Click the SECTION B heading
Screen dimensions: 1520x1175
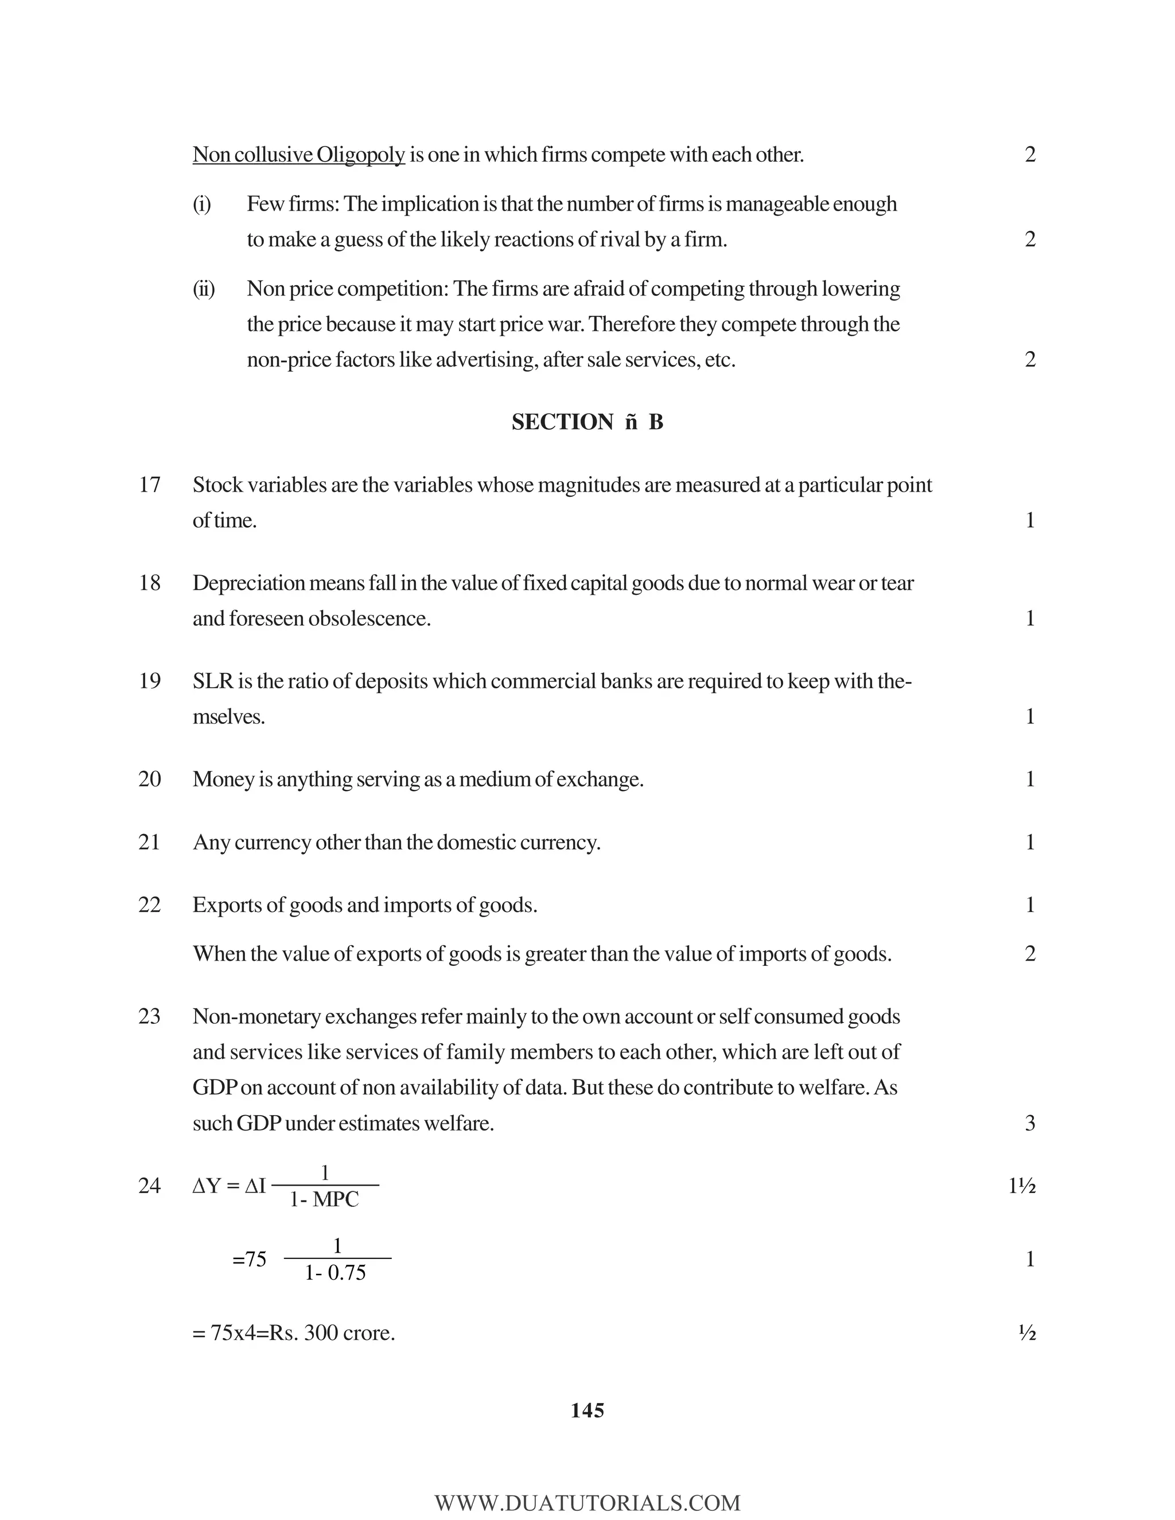tap(587, 423)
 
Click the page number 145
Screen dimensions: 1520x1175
tap(587, 1411)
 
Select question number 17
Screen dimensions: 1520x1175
tap(150, 485)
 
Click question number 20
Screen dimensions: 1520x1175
tap(150, 780)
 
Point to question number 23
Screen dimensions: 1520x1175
tap(150, 1017)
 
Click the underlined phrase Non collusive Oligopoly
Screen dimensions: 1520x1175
tap(298, 154)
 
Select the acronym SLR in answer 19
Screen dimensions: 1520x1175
tap(212, 681)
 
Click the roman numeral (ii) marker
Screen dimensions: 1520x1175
tap(203, 289)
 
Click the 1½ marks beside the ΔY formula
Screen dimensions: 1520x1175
tap(1022, 1186)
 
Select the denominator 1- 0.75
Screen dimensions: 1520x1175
tap(336, 1273)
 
